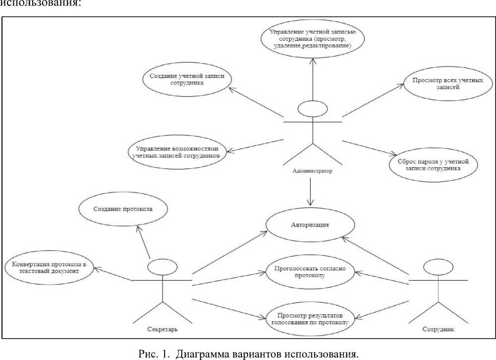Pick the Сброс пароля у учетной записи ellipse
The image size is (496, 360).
pyautogui.click(x=433, y=165)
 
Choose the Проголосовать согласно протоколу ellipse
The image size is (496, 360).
pyautogui.click(x=309, y=272)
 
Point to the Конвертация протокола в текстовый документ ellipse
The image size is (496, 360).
pyautogui.click(x=50, y=268)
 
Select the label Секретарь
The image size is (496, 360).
pyautogui.click(x=163, y=329)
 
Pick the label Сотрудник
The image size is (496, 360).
pyautogui.click(x=438, y=329)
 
